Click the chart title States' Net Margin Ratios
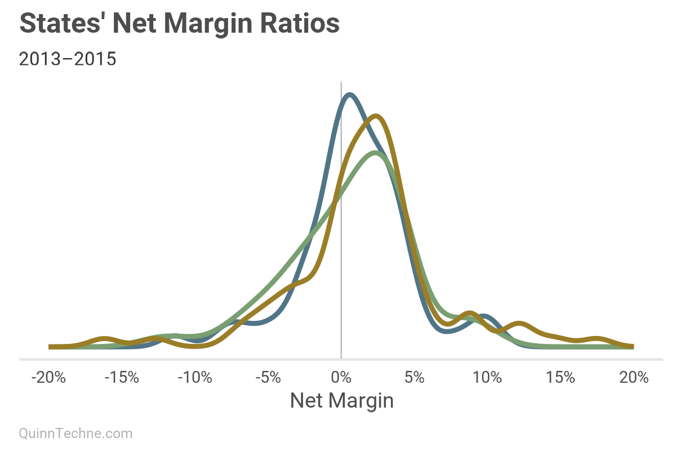coord(180,24)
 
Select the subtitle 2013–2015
coord(68,59)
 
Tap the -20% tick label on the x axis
coord(48,377)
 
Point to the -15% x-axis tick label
coord(122,377)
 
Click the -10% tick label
coord(195,377)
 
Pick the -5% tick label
coord(268,377)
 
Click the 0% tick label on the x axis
coord(341,377)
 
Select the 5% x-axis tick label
coord(415,377)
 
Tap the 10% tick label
coord(488,377)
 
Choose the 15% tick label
coord(561,377)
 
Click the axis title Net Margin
coord(341,401)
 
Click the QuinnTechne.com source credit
coord(76,433)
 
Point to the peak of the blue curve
coord(349,95)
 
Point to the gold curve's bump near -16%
coord(105,339)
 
